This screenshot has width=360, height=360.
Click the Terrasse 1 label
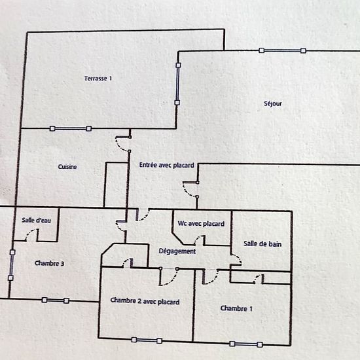tap(98, 79)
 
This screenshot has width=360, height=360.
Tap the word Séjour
tap(273, 103)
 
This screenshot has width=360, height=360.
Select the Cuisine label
tap(67, 167)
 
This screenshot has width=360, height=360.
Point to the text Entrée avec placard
tap(167, 165)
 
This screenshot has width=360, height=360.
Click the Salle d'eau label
tap(36, 220)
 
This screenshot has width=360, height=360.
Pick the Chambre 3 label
tap(49, 263)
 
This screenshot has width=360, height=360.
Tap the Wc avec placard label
tap(201, 224)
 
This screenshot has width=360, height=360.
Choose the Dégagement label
tap(177, 251)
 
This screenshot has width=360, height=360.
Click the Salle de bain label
tap(262, 244)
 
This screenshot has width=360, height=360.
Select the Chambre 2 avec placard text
tap(145, 301)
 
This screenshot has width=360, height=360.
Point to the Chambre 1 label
tap(236, 308)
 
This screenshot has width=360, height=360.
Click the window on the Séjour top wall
tap(282, 50)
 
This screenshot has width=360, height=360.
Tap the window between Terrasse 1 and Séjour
tap(177, 84)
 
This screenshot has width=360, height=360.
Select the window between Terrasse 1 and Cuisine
tap(71, 128)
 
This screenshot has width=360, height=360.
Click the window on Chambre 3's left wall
tap(12, 265)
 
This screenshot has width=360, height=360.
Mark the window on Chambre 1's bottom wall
tap(246, 344)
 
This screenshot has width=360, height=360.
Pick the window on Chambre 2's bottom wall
tap(147, 340)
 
